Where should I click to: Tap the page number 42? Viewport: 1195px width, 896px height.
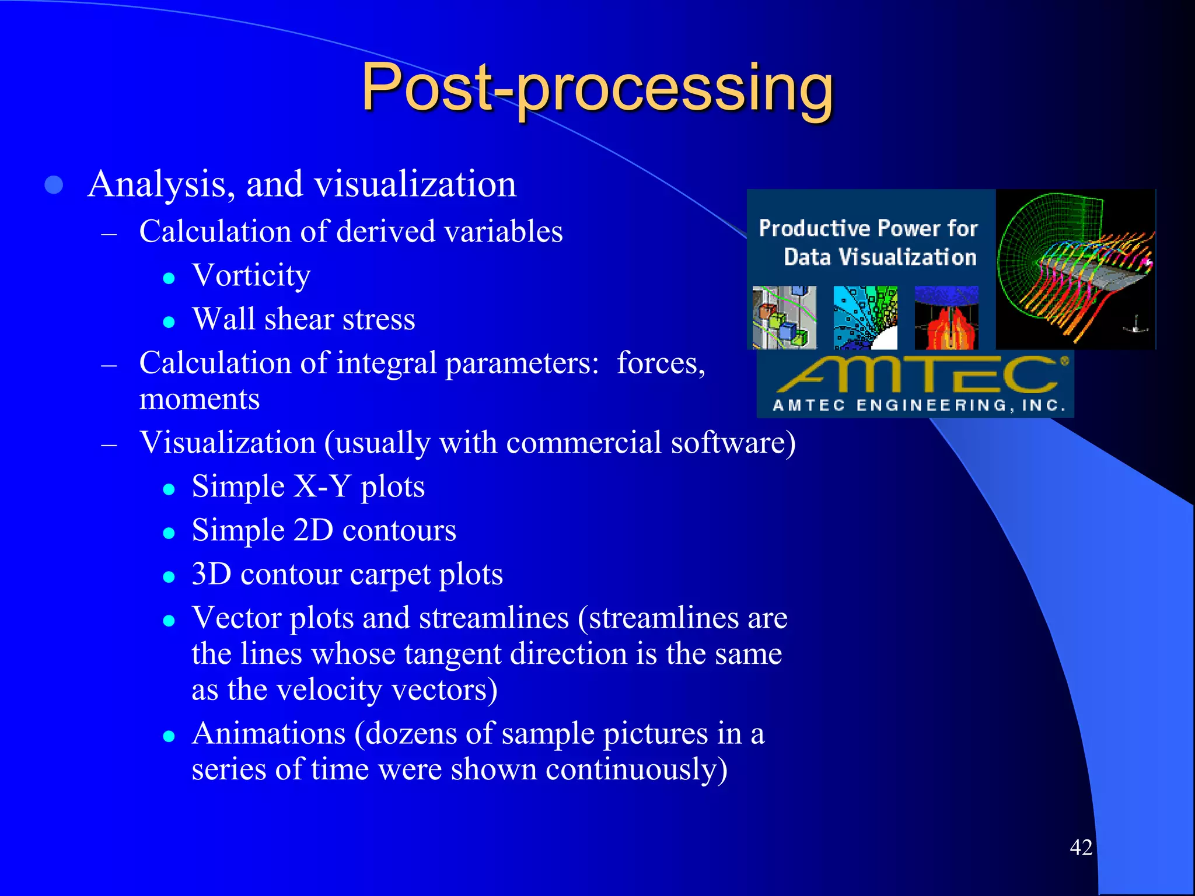point(1081,847)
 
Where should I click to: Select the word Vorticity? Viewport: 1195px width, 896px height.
point(251,275)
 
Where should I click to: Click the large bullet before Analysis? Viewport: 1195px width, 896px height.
point(54,185)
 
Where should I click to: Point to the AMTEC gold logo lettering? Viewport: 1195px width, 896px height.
point(916,374)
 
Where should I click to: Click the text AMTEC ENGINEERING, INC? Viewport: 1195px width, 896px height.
point(919,405)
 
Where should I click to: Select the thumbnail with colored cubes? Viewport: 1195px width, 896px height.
point(784,317)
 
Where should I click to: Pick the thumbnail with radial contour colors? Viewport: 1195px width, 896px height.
point(865,317)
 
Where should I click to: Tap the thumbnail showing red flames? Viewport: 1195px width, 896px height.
point(946,318)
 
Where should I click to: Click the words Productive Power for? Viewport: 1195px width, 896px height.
point(868,228)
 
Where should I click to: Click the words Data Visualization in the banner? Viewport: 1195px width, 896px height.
point(879,257)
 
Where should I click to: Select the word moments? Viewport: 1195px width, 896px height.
point(199,400)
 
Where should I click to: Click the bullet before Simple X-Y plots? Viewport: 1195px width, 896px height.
point(169,489)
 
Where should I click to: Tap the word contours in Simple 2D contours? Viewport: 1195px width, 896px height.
point(399,531)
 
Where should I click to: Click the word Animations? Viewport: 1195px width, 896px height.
point(268,733)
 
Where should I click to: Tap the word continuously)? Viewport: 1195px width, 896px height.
point(636,769)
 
